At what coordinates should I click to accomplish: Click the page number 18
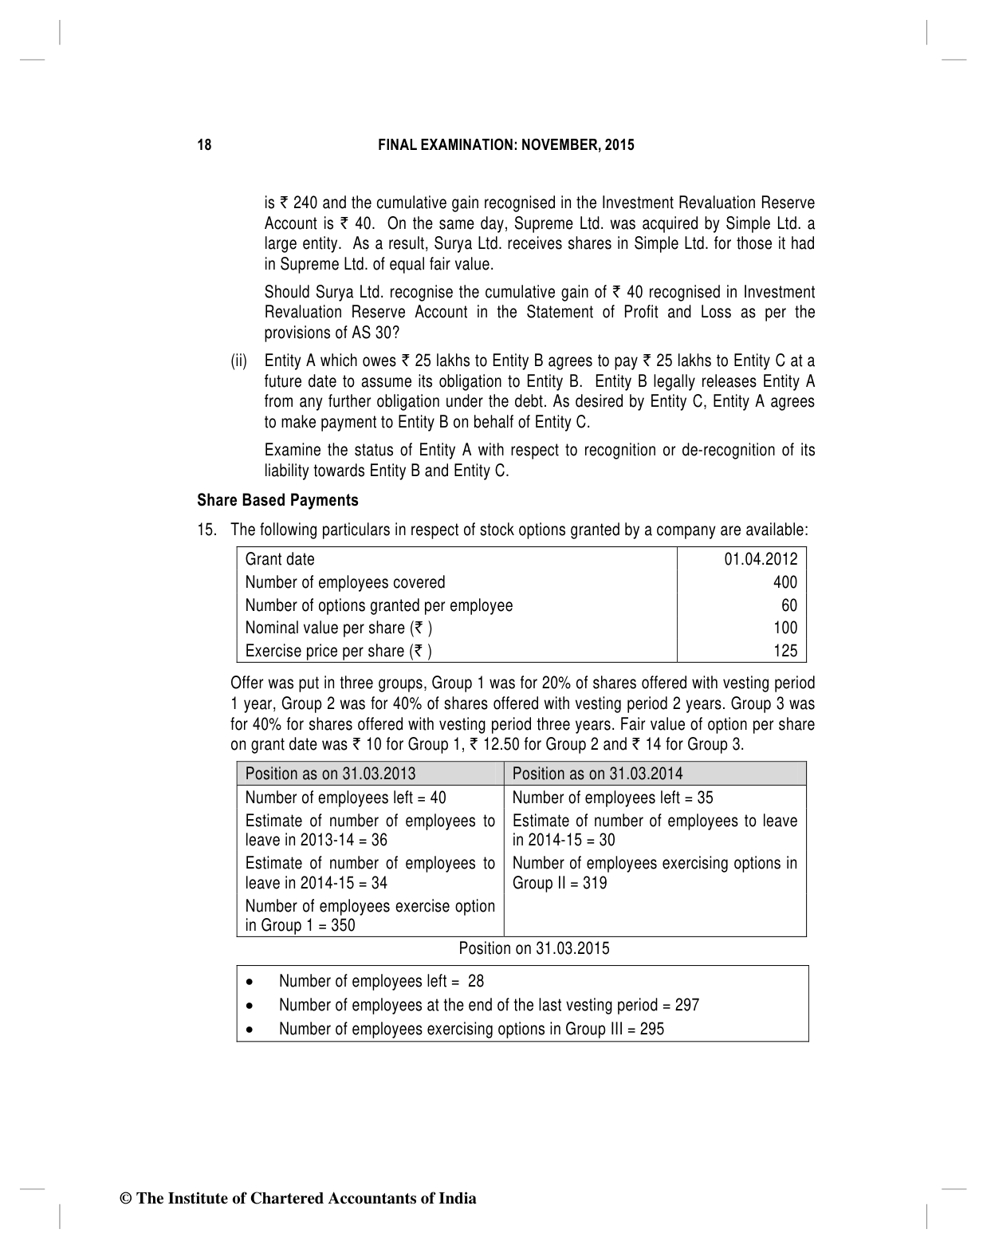click(205, 145)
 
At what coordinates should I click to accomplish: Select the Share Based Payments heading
click(277, 500)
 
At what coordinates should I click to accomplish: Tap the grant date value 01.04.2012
click(760, 559)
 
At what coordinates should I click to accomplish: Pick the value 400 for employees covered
click(784, 582)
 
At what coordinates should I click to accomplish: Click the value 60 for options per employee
click(788, 605)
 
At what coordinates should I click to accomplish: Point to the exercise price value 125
click(784, 651)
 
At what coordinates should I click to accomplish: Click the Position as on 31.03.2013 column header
click(330, 774)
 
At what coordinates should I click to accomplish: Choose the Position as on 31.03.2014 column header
click(597, 774)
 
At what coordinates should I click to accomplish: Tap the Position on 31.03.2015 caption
click(534, 948)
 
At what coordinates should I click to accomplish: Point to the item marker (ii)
click(239, 361)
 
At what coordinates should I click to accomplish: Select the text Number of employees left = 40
click(345, 798)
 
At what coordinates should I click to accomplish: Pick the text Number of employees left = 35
click(612, 798)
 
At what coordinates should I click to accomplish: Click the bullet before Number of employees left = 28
click(251, 983)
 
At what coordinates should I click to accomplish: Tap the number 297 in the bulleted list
click(686, 1005)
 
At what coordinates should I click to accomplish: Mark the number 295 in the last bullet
click(651, 1029)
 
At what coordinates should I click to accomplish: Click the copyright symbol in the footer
click(124, 1199)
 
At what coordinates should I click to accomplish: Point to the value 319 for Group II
click(594, 883)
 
